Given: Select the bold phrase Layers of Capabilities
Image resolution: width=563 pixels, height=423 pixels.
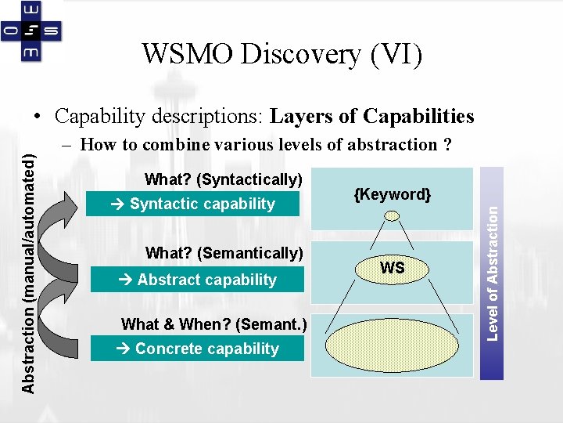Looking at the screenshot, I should pyautogui.click(x=371, y=117).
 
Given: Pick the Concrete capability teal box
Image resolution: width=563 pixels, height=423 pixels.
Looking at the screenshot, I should pyautogui.click(x=197, y=349).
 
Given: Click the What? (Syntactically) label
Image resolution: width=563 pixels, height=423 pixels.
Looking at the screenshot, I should pyautogui.click(x=224, y=179).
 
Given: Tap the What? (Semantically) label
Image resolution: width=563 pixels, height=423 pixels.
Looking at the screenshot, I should pyautogui.click(x=224, y=253).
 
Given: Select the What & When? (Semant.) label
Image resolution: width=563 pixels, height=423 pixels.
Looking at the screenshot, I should pyautogui.click(x=213, y=324).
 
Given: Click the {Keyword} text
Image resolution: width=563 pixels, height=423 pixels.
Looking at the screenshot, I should pyautogui.click(x=393, y=193).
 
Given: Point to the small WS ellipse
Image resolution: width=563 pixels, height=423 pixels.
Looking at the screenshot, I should pyautogui.click(x=393, y=268).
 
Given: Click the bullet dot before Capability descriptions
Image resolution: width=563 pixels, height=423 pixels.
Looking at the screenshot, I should pyautogui.click(x=38, y=117).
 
